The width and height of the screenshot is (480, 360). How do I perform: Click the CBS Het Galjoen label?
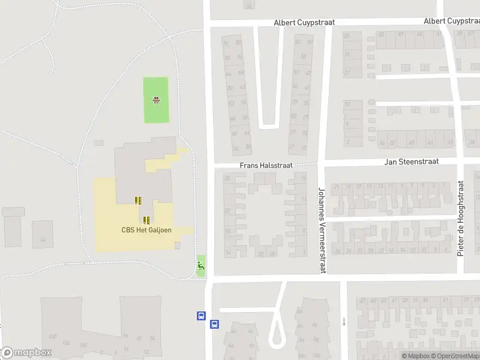[x=143, y=229]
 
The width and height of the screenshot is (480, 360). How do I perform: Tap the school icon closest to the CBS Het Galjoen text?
[x=146, y=220]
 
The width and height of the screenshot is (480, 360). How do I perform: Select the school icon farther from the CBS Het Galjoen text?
[x=138, y=200]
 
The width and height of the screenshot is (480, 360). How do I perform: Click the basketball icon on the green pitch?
[x=157, y=100]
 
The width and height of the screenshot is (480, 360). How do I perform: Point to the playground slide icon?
[x=201, y=264]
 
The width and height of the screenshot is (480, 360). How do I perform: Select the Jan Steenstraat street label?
[x=412, y=161]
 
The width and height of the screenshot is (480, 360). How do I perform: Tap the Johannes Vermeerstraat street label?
[x=322, y=231]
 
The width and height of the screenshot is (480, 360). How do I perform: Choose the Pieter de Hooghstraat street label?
[x=461, y=218]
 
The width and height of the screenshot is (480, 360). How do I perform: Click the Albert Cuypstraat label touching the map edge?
[x=451, y=20]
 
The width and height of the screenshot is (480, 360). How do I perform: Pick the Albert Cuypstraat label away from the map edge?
[x=304, y=22]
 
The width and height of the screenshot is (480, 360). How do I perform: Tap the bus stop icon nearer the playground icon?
[x=201, y=315]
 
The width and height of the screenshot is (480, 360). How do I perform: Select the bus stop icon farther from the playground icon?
[x=214, y=325]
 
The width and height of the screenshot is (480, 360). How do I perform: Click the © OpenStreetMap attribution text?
[x=457, y=356]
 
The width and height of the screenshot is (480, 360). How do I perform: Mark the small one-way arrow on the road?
[x=344, y=321]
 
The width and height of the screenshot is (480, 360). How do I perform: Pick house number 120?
[x=52, y=336]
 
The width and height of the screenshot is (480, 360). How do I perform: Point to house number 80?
[x=238, y=43]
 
